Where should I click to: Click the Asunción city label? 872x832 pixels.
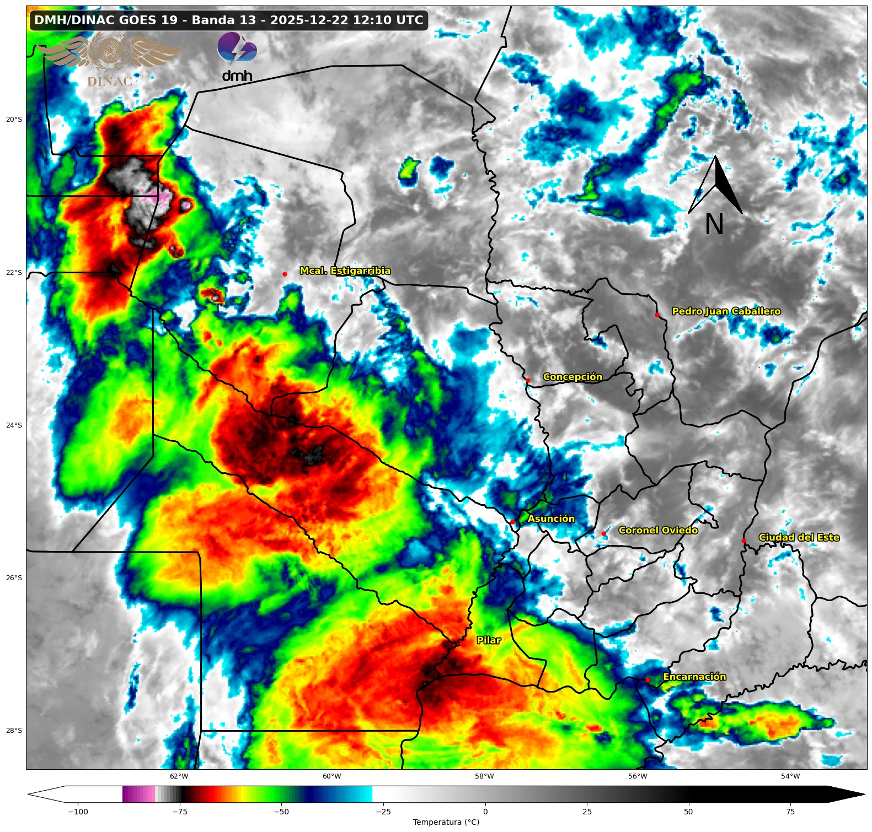(550, 518)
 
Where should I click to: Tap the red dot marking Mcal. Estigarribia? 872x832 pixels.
(285, 274)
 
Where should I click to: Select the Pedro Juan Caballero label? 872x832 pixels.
(726, 311)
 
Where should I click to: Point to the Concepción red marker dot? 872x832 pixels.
(528, 380)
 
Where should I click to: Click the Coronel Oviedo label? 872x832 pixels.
(658, 530)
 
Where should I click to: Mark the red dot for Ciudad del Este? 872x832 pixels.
(743, 541)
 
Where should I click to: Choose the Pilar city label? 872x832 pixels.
(489, 640)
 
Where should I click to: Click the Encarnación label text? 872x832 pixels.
(694, 677)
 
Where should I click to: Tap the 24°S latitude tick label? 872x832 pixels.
(14, 425)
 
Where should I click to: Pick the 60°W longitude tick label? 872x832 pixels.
(331, 776)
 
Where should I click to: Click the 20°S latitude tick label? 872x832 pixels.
(14, 120)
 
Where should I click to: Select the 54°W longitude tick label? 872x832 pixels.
(790, 776)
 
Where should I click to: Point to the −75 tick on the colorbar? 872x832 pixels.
(180, 812)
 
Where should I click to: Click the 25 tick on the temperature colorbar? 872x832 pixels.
(587, 812)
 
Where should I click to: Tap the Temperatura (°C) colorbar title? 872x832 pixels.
(446, 822)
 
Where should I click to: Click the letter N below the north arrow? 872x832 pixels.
(714, 224)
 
